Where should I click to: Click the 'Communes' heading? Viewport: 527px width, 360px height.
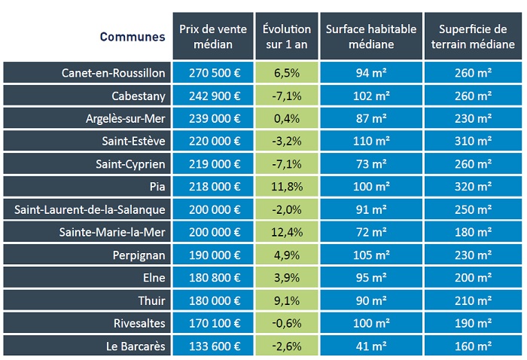(132, 36)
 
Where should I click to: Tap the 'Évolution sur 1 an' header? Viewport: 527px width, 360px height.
(286, 36)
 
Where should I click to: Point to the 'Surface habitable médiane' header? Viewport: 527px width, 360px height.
(370, 36)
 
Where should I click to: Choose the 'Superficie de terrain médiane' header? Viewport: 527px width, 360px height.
(473, 36)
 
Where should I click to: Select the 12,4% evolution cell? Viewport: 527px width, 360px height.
(286, 231)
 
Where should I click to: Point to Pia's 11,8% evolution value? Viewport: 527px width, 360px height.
(286, 186)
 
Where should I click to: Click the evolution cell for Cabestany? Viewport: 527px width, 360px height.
(286, 96)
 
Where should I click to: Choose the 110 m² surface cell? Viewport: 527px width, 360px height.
(370, 141)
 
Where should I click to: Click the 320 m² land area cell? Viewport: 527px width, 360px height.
(473, 186)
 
